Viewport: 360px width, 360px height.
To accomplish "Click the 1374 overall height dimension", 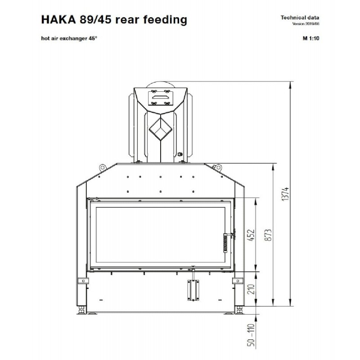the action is pyautogui.click(x=286, y=194).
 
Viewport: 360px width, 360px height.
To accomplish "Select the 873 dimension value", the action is pyautogui.click(x=268, y=234).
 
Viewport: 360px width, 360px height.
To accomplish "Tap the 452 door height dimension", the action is pyautogui.click(x=252, y=234).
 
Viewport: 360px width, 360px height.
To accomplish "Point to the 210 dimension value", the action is pyautogui.click(x=252, y=289).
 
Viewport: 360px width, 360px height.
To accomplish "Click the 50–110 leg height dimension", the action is pyautogui.click(x=252, y=335).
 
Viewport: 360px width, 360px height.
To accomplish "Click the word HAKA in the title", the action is pyautogui.click(x=58, y=19).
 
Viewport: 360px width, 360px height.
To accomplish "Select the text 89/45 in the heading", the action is pyautogui.click(x=95, y=19).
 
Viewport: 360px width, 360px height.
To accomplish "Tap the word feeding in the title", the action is pyautogui.click(x=165, y=20).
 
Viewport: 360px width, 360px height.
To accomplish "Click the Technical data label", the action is pyautogui.click(x=300, y=18).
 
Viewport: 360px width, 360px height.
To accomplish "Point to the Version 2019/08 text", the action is pyautogui.click(x=306, y=24).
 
